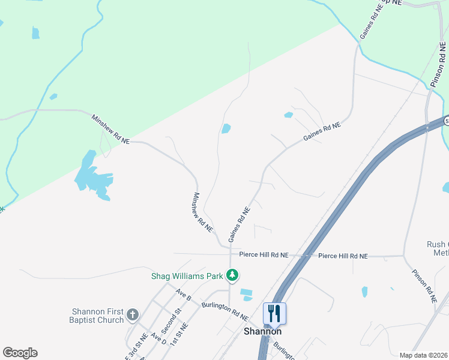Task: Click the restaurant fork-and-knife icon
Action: (x=274, y=313)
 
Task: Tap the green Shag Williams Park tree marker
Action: (x=232, y=276)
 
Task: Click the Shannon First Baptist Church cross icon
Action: (x=133, y=314)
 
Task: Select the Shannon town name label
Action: (x=262, y=331)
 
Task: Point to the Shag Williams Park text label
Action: (x=186, y=277)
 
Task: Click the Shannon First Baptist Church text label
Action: (x=97, y=316)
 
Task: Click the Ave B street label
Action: (x=183, y=294)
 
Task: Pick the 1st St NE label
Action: (x=179, y=334)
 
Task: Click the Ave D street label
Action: (x=158, y=338)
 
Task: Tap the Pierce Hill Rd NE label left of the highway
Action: (x=264, y=255)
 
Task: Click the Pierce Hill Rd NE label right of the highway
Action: (x=343, y=256)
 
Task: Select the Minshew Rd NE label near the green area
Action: (x=110, y=128)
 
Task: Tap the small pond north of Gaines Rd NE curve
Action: (x=226, y=128)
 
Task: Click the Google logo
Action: (x=20, y=353)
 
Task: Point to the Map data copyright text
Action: (x=423, y=355)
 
